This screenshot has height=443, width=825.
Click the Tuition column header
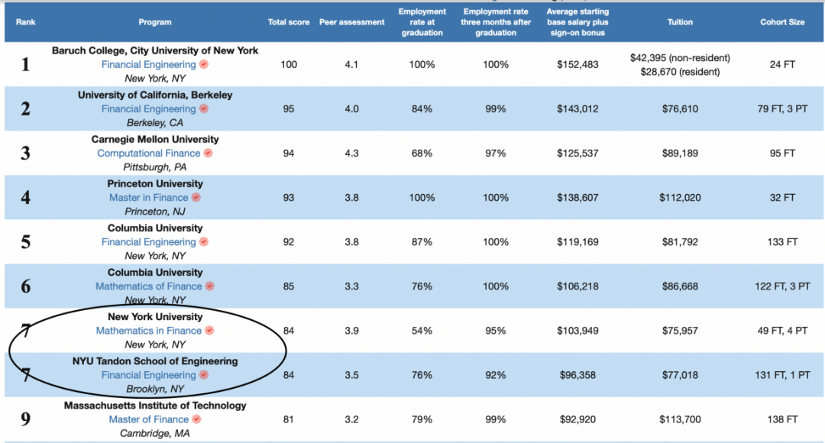(680, 22)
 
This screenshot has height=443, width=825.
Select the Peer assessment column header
(351, 22)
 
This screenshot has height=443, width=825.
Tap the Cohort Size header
(782, 22)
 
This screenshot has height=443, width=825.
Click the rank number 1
(25, 64)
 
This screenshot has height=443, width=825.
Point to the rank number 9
(25, 419)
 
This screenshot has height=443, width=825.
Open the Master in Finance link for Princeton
(148, 197)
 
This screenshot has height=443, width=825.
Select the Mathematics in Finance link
(148, 331)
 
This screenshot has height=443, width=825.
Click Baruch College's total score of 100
(289, 64)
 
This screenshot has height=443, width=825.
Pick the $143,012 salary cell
(577, 108)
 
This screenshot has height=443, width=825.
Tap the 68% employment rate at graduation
(422, 153)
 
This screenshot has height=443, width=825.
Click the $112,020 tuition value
(680, 197)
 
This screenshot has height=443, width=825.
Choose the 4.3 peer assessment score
(351, 153)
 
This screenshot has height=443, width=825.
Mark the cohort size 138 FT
(782, 419)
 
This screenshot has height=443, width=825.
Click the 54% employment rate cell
(422, 331)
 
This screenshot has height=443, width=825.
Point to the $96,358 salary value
(577, 375)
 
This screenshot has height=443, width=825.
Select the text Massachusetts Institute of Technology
(155, 406)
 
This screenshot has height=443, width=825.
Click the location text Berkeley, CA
(155, 122)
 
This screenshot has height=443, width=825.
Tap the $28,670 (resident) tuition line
(680, 71)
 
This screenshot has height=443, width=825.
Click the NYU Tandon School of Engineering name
(155, 361)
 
